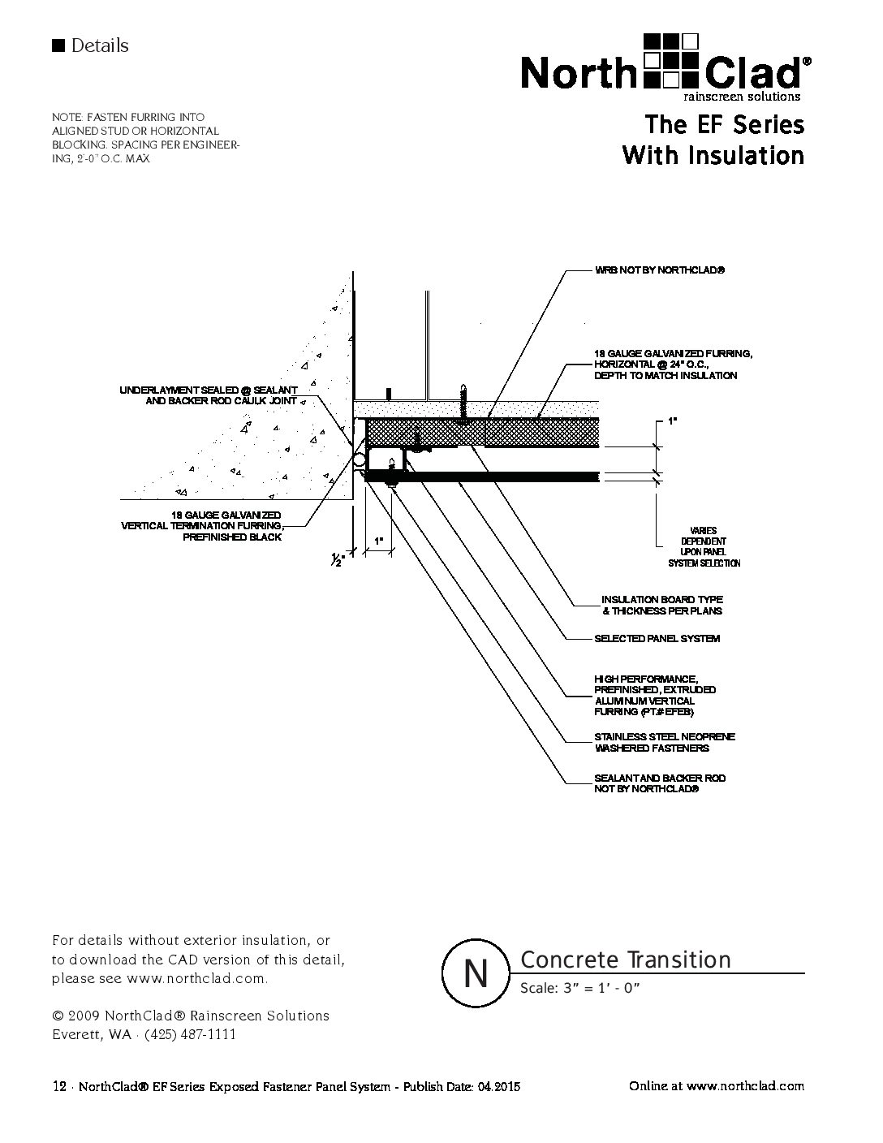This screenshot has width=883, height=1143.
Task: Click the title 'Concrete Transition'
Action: pyautogui.click(x=625, y=960)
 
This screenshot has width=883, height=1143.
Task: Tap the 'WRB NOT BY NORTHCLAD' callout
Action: pyautogui.click(x=658, y=270)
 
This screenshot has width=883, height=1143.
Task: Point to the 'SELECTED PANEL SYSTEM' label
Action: pyautogui.click(x=657, y=639)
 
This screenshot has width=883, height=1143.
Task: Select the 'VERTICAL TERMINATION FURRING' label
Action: pyautogui.click(x=202, y=526)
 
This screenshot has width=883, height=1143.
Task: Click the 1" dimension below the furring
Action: pyautogui.click(x=378, y=540)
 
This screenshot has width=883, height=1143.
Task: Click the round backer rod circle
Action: pyautogui.click(x=359, y=460)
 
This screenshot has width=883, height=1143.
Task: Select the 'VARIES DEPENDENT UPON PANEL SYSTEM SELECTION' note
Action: pyautogui.click(x=704, y=547)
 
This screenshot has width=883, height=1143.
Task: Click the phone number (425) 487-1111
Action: pyautogui.click(x=190, y=1034)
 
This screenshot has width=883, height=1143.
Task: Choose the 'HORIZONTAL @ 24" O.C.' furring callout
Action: pyautogui.click(x=674, y=364)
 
